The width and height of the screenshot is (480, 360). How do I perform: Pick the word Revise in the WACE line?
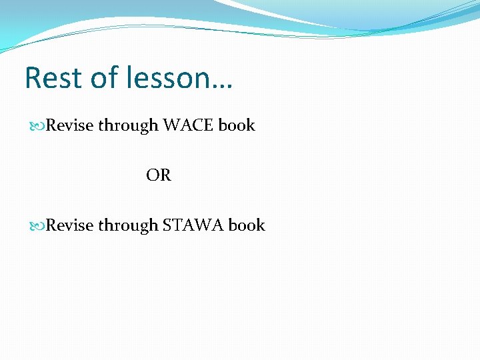pos(70,125)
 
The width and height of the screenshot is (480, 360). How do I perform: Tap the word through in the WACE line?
pos(127,125)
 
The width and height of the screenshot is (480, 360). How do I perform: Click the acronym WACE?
pos(189,125)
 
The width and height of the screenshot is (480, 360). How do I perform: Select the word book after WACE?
pos(237,125)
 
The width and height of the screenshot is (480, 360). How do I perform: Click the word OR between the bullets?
pos(159,175)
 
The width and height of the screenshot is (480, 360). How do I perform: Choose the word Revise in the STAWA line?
pos(70,225)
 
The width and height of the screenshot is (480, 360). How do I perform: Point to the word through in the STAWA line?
pos(127,225)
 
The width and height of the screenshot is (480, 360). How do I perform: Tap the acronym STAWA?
pos(193,225)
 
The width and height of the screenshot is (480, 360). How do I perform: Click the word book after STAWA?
pos(247,225)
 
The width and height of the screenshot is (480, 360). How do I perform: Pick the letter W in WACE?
pos(171,125)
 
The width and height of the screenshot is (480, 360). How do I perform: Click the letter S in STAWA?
pos(167,225)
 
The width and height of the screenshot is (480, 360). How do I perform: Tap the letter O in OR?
pos(153,175)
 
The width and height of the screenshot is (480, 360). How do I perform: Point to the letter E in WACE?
pos(209,125)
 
